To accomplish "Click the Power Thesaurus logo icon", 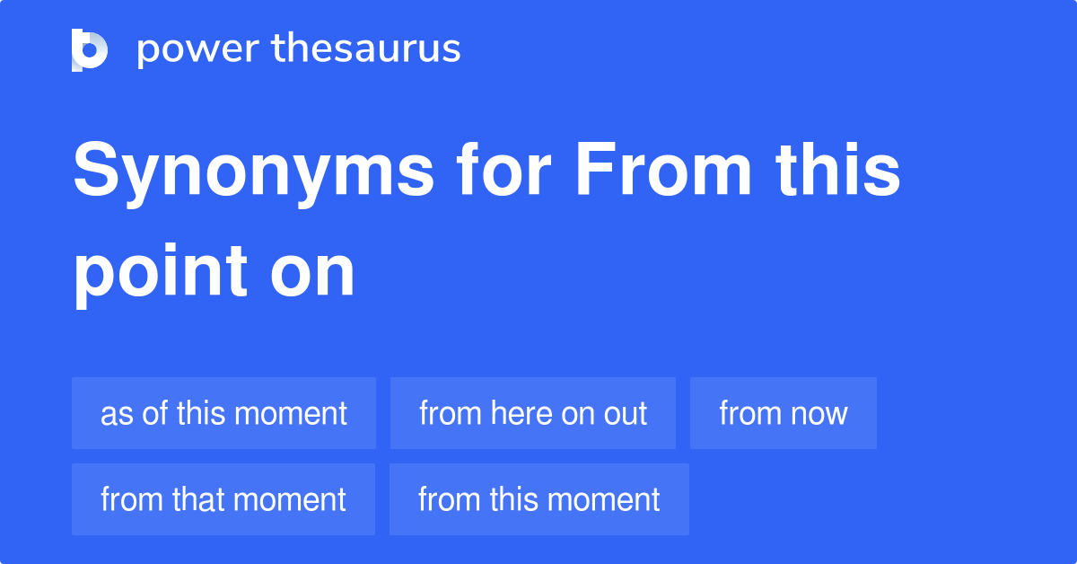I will point(90,49).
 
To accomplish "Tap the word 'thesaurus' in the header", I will point(366,49).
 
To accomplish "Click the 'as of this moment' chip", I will point(223,413).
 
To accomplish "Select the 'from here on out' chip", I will point(533,413).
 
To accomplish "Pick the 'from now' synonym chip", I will point(784,413).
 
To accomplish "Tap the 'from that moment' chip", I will point(223,499).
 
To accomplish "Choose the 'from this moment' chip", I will point(539,499).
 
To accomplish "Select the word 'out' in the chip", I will point(628,413).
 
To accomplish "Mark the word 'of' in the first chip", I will point(152,413).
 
